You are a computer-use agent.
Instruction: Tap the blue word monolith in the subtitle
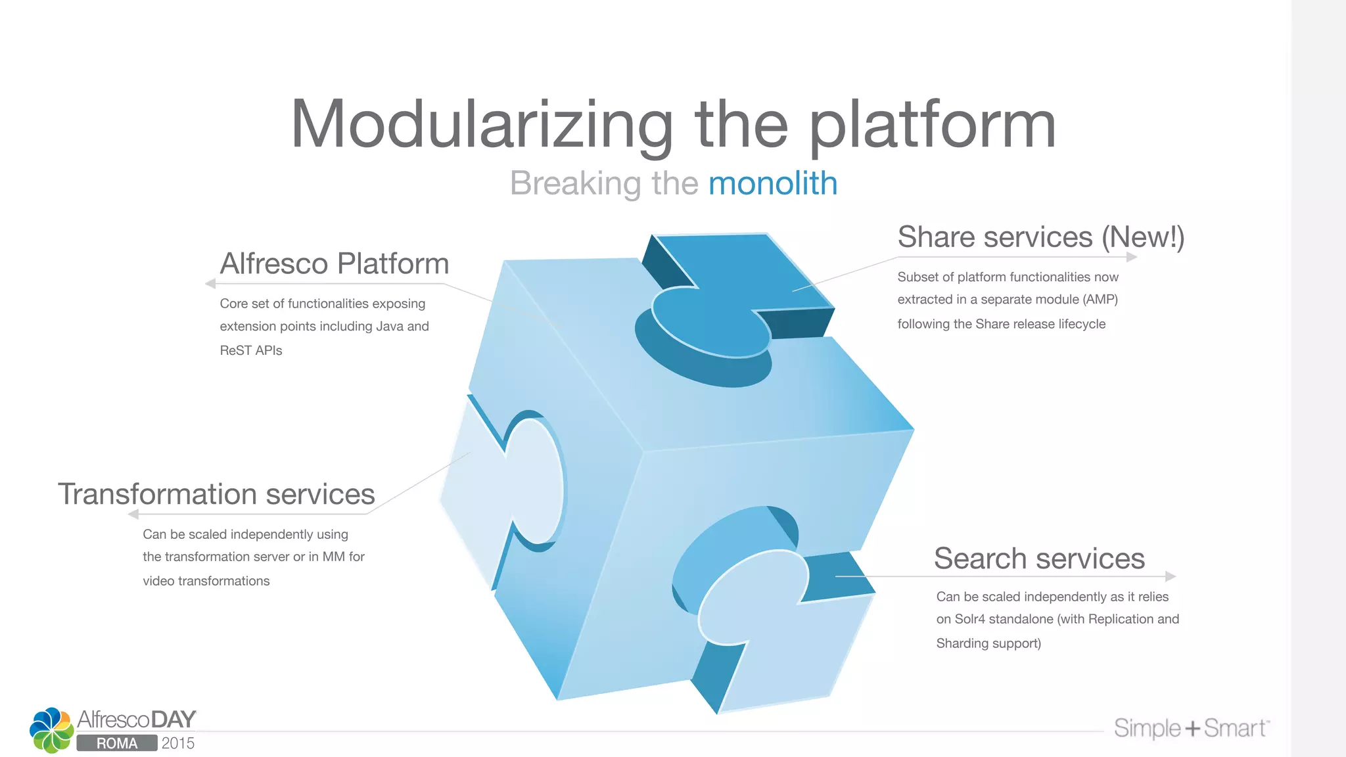772,183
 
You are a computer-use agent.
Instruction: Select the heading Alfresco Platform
335,264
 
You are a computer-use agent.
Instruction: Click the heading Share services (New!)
1040,237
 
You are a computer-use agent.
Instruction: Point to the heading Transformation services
216,494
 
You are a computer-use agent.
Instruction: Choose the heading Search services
1039,559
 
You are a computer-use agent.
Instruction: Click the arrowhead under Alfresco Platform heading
210,284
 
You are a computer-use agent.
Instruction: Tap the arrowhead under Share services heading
1132,257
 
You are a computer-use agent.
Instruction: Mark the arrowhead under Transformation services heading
133,514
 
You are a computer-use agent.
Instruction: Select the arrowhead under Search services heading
1171,576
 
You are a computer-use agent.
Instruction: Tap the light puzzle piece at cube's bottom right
782,631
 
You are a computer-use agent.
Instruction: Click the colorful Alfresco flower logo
51,730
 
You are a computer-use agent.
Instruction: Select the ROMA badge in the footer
117,743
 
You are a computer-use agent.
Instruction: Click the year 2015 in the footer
178,743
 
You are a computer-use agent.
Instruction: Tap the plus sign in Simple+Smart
1193,729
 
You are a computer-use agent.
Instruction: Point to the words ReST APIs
251,350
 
